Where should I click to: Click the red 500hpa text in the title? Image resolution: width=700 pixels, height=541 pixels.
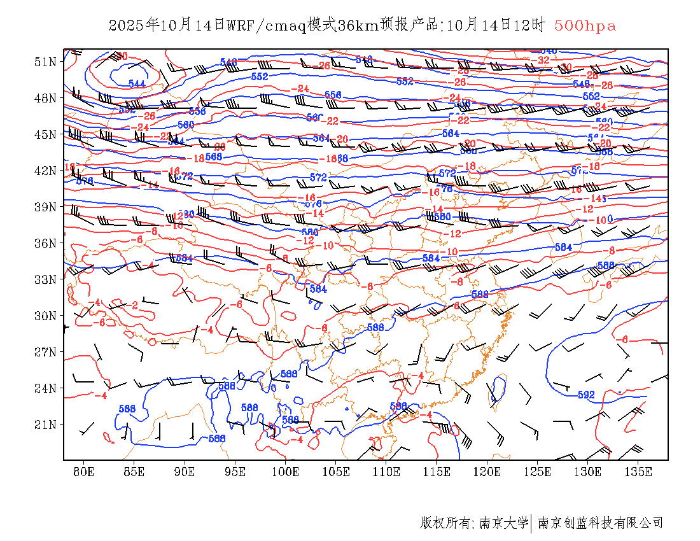click(585, 26)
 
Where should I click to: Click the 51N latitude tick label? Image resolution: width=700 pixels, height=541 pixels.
click(45, 62)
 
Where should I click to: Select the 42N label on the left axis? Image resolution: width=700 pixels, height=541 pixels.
click(45, 171)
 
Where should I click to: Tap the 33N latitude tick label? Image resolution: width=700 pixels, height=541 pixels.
click(45, 279)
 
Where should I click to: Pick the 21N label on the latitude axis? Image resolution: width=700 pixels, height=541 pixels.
click(45, 425)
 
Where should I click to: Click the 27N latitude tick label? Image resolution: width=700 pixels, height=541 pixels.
click(45, 352)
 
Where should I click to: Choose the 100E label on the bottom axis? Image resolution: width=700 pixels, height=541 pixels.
click(285, 472)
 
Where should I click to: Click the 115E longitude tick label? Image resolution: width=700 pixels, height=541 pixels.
click(437, 472)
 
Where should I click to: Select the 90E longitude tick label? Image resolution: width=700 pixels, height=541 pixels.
click(185, 472)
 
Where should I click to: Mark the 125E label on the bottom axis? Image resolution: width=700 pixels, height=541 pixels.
click(538, 472)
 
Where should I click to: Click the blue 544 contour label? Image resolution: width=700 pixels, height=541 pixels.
click(137, 84)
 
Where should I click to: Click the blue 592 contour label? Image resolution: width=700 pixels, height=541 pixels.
click(585, 395)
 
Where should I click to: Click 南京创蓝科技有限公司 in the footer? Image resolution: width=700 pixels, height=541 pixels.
click(601, 523)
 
